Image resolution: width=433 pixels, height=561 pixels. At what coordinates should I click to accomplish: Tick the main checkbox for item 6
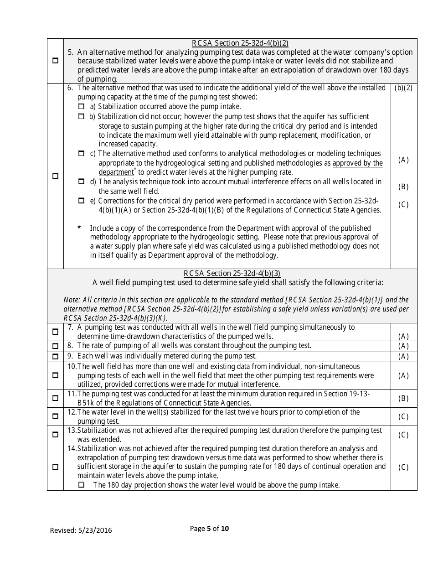[55, 176]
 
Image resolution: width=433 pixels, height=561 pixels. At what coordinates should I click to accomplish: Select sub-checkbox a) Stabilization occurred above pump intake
[82, 106]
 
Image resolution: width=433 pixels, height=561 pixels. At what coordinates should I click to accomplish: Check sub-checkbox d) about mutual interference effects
[82, 182]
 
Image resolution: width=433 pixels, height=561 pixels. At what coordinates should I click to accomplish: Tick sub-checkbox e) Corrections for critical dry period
[82, 201]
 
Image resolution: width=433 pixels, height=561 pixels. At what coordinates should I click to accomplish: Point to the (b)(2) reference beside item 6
[403, 88]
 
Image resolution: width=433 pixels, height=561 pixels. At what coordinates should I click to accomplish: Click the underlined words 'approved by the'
[358, 163]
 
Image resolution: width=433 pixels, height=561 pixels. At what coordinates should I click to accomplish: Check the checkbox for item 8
[55, 346]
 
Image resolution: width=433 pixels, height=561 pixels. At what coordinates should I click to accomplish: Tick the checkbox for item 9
[55, 356]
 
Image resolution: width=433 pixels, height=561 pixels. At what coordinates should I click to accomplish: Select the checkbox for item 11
[55, 398]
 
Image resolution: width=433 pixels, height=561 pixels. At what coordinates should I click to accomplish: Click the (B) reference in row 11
[403, 398]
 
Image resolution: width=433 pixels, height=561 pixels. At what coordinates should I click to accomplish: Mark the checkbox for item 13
[55, 435]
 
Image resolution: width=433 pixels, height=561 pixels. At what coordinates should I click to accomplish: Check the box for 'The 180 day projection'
[82, 485]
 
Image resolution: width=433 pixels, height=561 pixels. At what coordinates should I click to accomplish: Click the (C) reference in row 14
[403, 467]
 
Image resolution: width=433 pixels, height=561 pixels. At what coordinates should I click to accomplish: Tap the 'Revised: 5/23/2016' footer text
[81, 530]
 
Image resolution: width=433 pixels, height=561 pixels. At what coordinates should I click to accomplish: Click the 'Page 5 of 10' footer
[209, 529]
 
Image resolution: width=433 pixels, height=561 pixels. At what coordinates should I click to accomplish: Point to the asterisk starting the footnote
[79, 228]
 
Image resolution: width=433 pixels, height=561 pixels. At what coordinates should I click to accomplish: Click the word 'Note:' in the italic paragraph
[72, 300]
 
